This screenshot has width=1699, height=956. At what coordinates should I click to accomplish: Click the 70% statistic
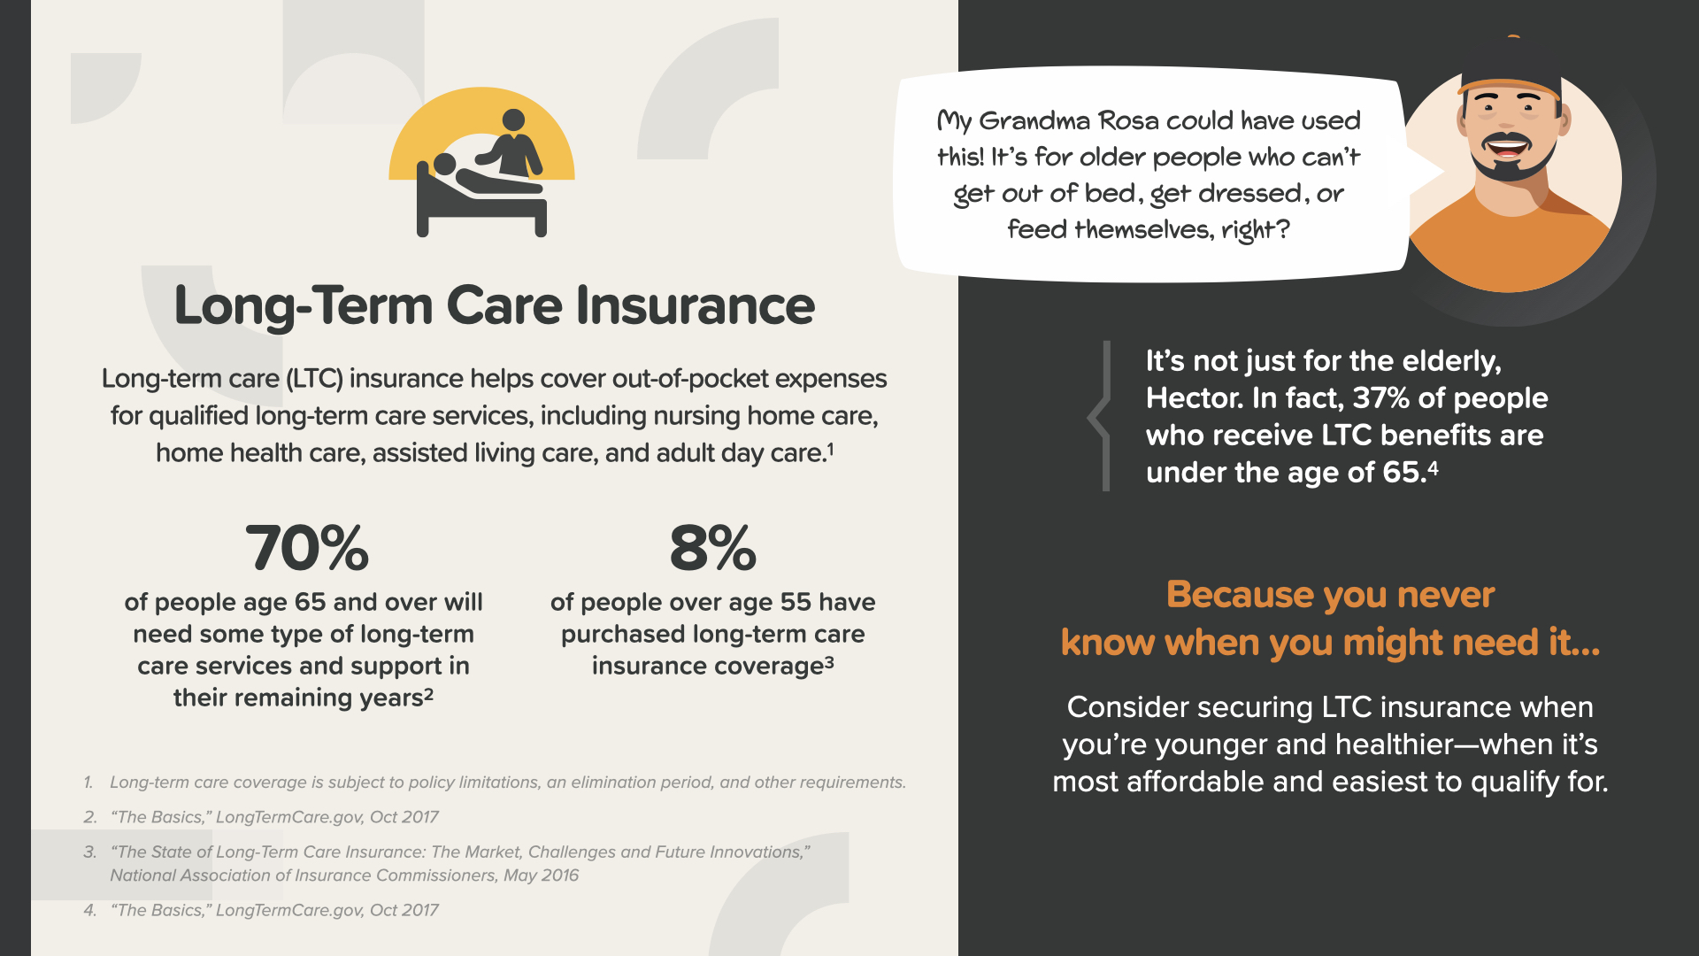306,548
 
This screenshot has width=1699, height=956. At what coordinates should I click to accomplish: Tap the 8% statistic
713,548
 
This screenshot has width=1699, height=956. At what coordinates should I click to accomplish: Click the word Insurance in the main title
696,305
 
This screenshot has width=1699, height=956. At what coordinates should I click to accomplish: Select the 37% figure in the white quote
1380,398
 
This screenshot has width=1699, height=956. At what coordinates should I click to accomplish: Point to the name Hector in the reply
1195,398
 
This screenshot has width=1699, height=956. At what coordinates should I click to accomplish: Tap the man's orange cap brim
1509,85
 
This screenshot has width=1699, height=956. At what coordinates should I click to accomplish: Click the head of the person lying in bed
444,165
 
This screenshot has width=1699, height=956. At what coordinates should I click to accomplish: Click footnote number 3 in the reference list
89,852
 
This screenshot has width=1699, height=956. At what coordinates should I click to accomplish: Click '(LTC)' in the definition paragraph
314,379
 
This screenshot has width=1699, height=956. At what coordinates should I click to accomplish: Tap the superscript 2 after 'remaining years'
428,694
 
